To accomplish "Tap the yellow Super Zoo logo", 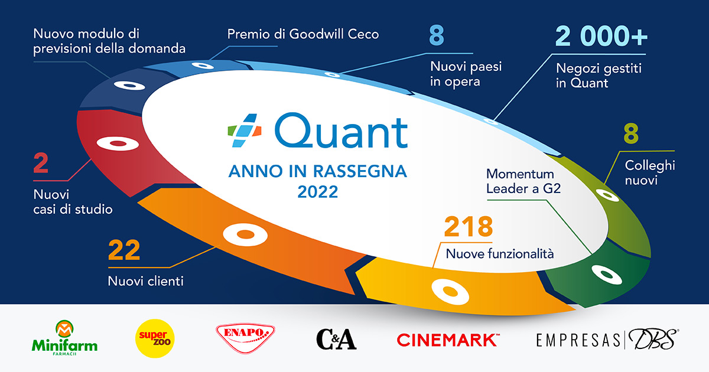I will (x=155, y=339).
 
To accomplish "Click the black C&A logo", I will (x=336, y=339).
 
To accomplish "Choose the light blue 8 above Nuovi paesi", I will (x=437, y=36).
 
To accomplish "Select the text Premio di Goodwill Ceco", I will (x=303, y=34).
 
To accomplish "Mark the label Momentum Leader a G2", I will (x=520, y=182).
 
